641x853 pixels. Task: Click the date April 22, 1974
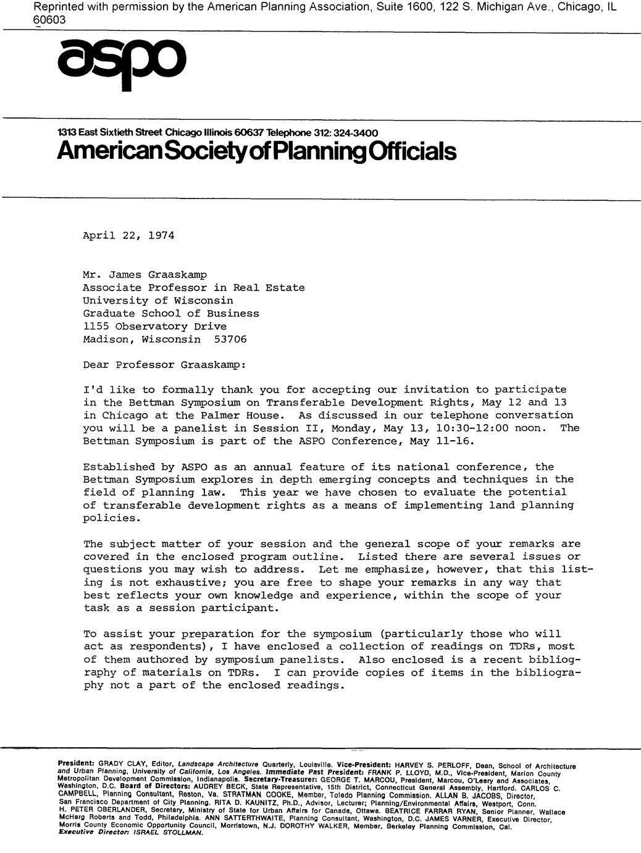pyautogui.click(x=128, y=236)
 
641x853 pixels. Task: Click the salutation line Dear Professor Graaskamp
pyautogui.click(x=164, y=365)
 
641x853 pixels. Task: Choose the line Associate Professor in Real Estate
pyautogui.click(x=194, y=287)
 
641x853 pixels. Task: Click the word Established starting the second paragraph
pyautogui.click(x=119, y=467)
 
